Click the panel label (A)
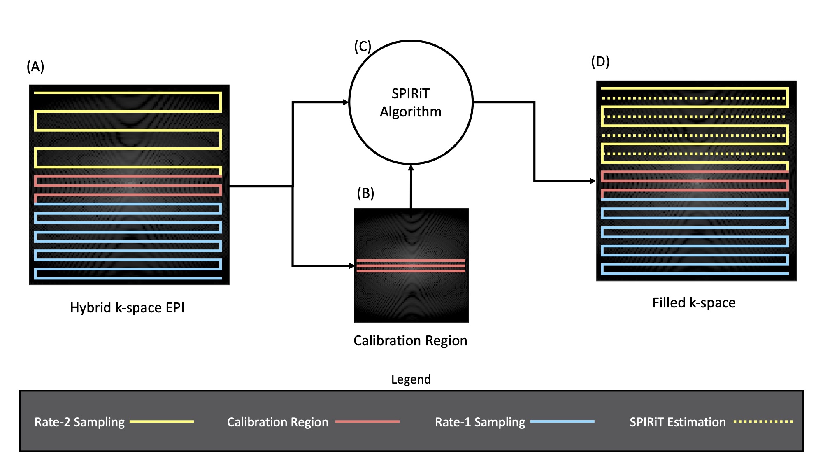(35, 67)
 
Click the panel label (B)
(365, 193)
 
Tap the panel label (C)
(363, 47)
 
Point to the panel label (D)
(600, 62)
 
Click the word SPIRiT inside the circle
(410, 94)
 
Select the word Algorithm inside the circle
(410, 112)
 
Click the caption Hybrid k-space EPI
(127, 308)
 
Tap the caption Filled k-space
(694, 303)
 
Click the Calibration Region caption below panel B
(410, 341)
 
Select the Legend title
(411, 379)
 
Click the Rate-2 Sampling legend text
(79, 422)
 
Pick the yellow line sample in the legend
(162, 421)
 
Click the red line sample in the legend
(367, 421)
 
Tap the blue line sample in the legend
(562, 421)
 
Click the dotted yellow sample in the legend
(763, 421)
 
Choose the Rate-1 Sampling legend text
(480, 422)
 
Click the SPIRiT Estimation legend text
(677, 422)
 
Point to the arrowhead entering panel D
(593, 181)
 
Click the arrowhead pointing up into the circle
(411, 168)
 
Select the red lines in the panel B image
(411, 265)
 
